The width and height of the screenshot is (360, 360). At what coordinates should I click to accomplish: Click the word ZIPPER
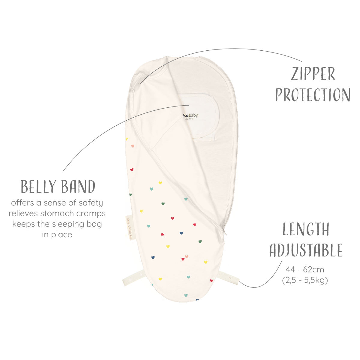point(313,74)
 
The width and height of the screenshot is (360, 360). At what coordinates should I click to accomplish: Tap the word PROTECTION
point(313,94)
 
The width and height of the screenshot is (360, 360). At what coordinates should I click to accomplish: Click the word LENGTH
point(306,229)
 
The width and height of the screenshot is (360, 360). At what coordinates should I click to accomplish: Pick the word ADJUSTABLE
point(306,250)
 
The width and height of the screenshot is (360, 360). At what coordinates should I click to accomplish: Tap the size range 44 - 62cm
point(305,269)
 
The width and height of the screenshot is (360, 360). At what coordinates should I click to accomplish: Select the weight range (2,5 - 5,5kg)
point(305,280)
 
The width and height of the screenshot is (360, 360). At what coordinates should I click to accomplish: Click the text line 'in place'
point(57,235)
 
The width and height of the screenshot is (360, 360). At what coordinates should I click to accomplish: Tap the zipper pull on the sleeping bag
point(224,232)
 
